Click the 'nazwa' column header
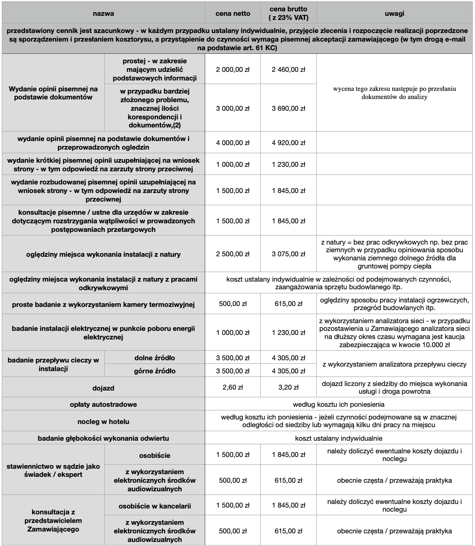103,14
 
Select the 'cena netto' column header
233,14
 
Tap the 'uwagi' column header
395,14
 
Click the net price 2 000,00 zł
233,70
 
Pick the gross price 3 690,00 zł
288,108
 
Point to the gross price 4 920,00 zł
288,143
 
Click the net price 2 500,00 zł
233,254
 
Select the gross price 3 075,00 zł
288,254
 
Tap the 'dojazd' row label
103,387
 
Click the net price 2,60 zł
233,387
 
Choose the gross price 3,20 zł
288,387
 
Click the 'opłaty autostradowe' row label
103,404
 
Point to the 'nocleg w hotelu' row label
103,421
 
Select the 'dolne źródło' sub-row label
155,358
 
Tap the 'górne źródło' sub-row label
155,371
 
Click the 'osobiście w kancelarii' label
155,506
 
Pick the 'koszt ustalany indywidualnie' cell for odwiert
339,438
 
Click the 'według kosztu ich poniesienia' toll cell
339,404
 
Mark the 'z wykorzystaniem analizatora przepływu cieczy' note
395,364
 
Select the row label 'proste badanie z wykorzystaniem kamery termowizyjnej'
103,305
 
